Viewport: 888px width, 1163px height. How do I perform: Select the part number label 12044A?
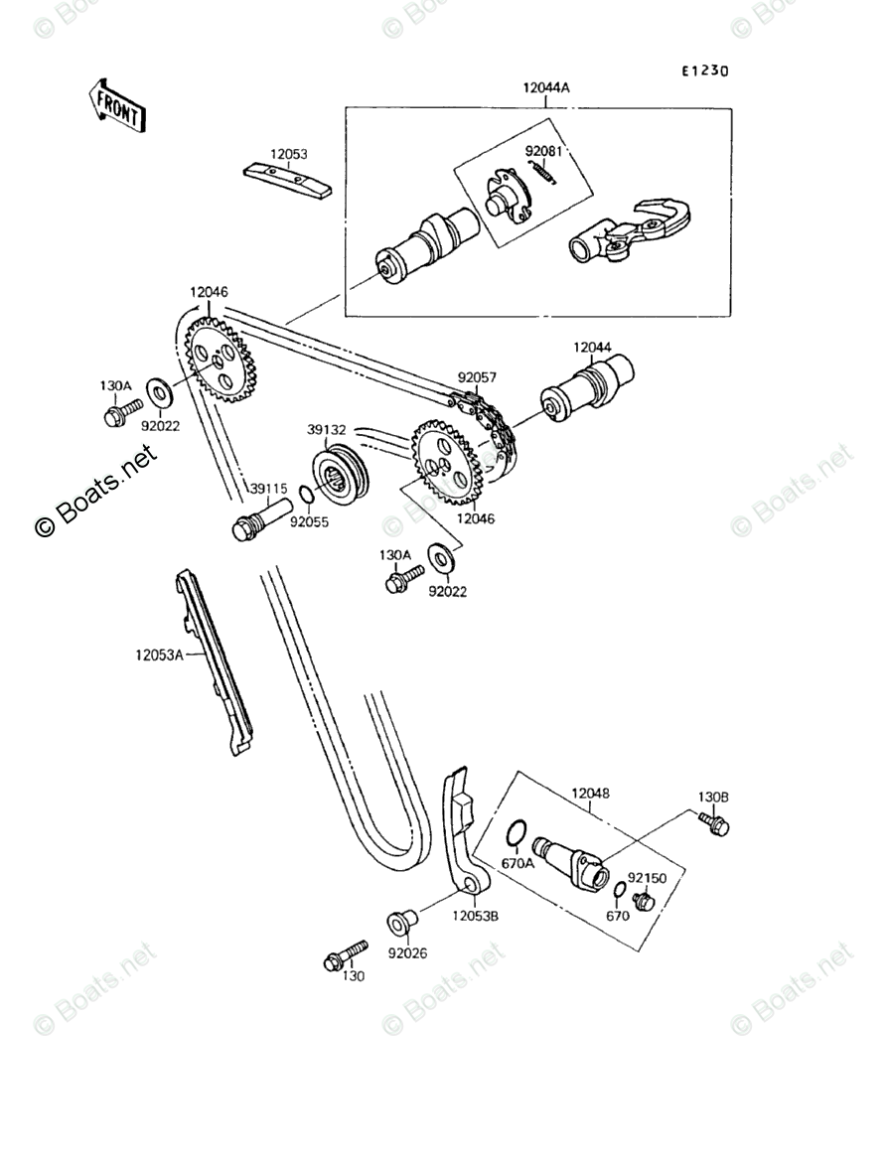point(546,87)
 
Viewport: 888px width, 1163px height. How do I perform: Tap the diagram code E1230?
point(704,72)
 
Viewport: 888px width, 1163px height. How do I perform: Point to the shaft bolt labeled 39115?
point(259,517)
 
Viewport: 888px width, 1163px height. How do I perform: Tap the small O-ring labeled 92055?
point(307,496)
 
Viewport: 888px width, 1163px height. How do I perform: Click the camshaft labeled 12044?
point(587,391)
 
